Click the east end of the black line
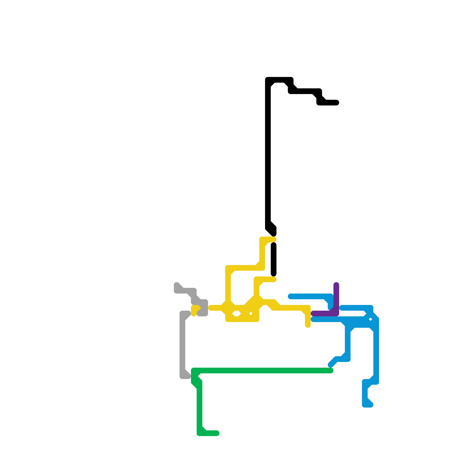[337, 103]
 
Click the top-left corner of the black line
[268, 80]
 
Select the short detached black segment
[274, 259]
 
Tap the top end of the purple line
[336, 284]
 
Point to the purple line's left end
[313, 313]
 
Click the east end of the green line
[331, 370]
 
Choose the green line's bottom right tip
[217, 433]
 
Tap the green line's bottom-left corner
[199, 433]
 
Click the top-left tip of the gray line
[177, 285]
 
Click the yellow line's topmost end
[274, 239]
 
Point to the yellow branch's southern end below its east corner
[308, 325]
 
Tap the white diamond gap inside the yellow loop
[236, 314]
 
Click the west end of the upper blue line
[290, 296]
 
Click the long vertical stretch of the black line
[268, 157]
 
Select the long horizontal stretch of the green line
[262, 370]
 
